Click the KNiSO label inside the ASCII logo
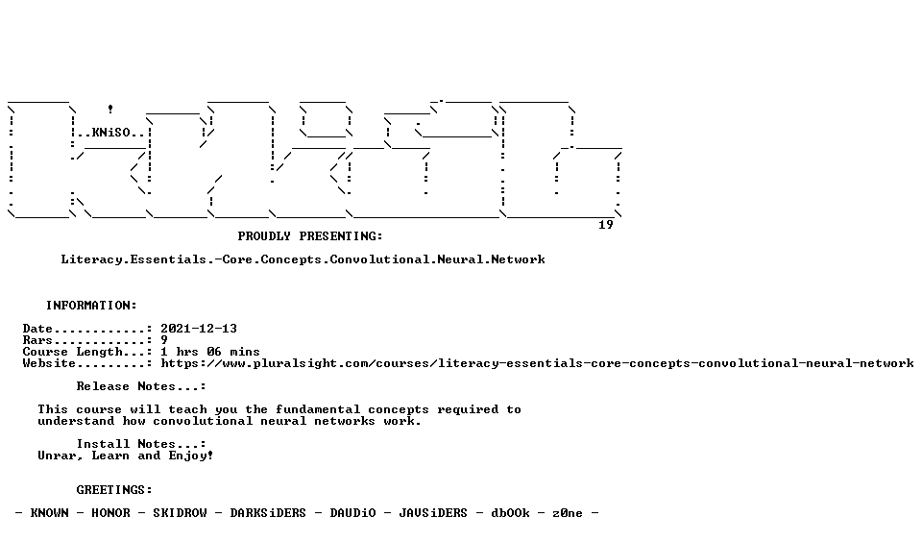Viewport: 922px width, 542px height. [111, 133]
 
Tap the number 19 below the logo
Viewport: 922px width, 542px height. [606, 225]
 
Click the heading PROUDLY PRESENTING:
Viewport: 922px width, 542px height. [310, 236]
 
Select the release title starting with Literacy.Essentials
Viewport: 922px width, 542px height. [303, 259]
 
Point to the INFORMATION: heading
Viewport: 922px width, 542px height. [91, 306]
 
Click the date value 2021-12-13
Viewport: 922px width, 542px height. [199, 329]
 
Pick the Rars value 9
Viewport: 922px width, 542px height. [164, 340]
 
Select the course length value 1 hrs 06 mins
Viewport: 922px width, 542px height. [210, 352]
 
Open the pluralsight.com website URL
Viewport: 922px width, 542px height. [538, 363]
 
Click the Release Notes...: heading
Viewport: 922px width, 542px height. [141, 386]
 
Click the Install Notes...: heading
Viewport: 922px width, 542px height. [141, 444]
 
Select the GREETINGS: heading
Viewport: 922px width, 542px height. [114, 490]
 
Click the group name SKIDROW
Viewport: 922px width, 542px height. [180, 513]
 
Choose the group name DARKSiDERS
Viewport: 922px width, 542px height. [268, 513]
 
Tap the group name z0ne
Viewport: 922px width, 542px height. [568, 513]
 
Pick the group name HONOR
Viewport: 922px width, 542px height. [110, 513]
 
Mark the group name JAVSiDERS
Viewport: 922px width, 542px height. [433, 513]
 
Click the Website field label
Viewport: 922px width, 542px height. [49, 363]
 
